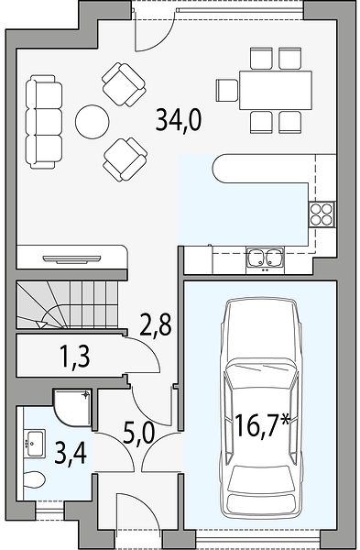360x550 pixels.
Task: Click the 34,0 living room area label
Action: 179,119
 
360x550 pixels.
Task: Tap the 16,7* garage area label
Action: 263,424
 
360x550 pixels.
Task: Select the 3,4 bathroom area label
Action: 71,454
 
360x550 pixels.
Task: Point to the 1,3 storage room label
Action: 75,356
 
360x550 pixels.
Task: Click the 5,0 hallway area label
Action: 139,434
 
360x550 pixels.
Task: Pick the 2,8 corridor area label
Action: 156,324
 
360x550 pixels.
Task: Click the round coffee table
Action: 93,121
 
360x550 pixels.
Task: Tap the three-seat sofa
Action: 44,122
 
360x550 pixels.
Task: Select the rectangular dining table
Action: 276,90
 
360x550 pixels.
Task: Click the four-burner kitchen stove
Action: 322,214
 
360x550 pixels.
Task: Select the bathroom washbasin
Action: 35,444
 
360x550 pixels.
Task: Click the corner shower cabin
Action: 72,407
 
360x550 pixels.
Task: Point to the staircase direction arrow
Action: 42,324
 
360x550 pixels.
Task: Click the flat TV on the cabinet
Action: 71,259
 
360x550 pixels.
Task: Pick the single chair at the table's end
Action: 227,90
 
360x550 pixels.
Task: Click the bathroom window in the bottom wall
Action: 49,510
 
